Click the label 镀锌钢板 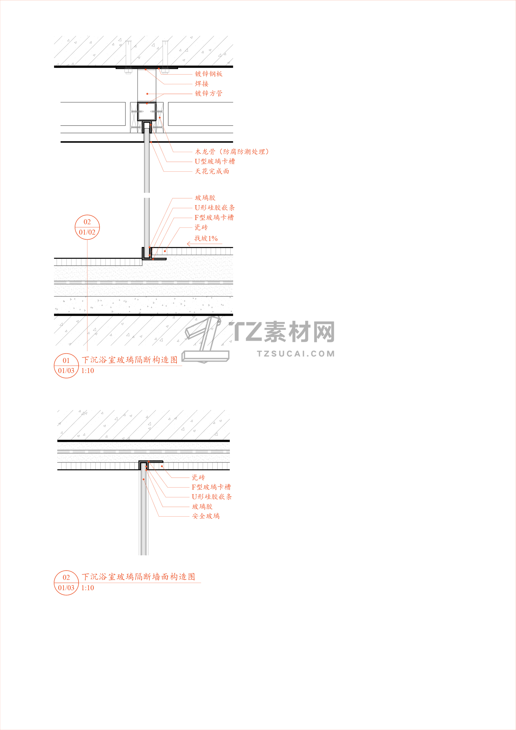tap(208, 74)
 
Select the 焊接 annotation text tap(202, 84)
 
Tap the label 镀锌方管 tap(208, 93)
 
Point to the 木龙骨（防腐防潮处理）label tap(232, 152)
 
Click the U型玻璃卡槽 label tap(215, 161)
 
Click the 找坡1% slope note tap(206, 238)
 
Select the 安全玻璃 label tap(206, 516)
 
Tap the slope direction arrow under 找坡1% tap(204, 244)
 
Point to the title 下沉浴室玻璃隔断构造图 tap(130, 360)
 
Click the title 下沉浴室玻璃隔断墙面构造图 tap(138, 577)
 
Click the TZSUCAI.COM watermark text tap(296, 354)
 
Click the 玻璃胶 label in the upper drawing tap(205, 198)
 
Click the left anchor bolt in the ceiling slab tap(128, 57)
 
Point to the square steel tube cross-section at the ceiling tap(146, 111)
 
